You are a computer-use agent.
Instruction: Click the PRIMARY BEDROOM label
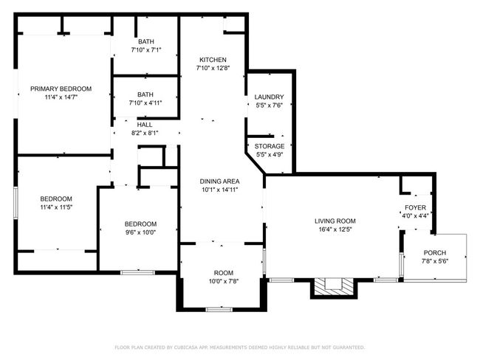pos(61,89)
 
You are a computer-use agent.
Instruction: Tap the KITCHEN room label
pos(213,60)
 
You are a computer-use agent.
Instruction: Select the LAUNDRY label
pos(269,97)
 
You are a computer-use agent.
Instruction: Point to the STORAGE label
pos(270,146)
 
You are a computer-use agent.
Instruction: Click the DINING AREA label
pos(219,181)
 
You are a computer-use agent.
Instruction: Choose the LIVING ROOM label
pos(335,221)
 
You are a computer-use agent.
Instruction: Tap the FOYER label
pos(415,208)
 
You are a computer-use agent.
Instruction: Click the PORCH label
pos(435,253)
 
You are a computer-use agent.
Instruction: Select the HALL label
pos(145,125)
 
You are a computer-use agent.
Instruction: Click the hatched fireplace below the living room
pos(334,286)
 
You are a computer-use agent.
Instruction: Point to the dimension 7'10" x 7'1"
pos(146,50)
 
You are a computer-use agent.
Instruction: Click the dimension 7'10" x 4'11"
pos(145,103)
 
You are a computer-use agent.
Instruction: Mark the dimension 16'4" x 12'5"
pos(335,229)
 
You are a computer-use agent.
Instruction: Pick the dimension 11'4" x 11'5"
pos(56,207)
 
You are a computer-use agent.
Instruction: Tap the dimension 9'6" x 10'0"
pos(140,232)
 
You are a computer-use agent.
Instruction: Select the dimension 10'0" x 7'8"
pos(224,281)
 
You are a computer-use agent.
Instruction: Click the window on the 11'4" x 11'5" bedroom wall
pos(16,203)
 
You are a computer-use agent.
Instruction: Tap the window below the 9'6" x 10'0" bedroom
pos(137,272)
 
